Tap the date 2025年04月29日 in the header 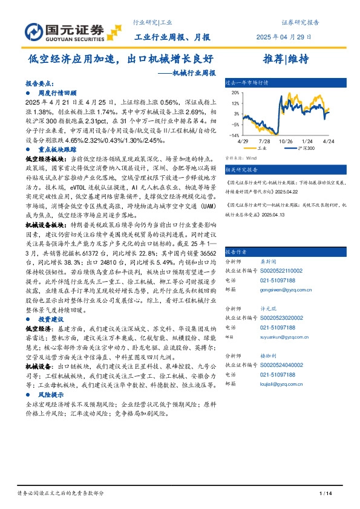click(x=288, y=37)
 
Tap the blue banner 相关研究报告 click(x=241, y=170)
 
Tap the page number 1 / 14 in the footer click(x=326, y=495)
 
